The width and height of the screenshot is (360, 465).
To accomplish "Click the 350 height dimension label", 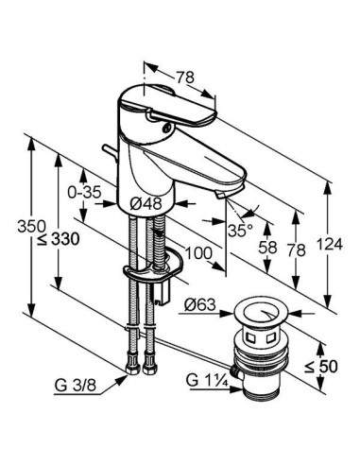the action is (x=31, y=226).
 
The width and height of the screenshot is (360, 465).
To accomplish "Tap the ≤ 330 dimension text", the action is (x=59, y=240).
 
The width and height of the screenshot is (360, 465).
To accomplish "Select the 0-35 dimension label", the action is (x=84, y=192).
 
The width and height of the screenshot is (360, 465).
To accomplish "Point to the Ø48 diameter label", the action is (x=146, y=204).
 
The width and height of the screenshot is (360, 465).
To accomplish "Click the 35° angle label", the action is (x=240, y=231).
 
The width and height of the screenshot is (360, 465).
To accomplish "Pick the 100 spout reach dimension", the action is (x=198, y=252).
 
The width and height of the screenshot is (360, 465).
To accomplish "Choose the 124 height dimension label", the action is (x=329, y=244).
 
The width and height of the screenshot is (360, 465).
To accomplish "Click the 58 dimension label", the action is (x=267, y=247).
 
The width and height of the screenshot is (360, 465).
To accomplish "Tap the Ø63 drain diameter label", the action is (x=200, y=304).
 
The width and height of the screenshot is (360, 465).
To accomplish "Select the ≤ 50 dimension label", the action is (x=321, y=367).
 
